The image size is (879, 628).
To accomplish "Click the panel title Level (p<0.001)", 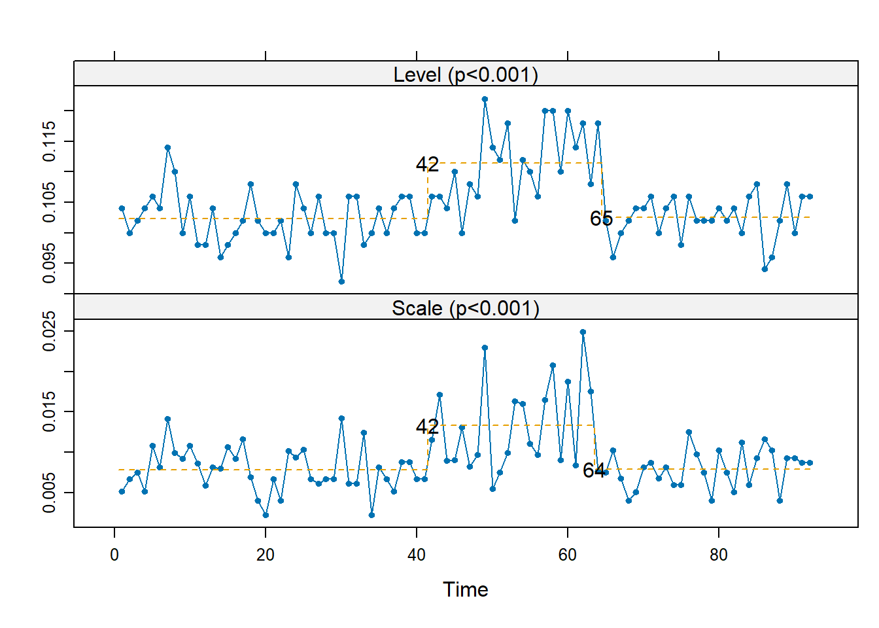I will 466,75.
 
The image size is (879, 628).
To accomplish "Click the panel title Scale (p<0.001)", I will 466,307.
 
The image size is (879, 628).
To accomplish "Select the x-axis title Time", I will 465,589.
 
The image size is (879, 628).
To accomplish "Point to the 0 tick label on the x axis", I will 114,555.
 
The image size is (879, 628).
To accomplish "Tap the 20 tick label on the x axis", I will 266,555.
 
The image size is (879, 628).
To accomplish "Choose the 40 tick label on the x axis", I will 417,555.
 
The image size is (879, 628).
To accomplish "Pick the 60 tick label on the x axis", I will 568,555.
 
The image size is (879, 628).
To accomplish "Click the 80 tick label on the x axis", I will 718,555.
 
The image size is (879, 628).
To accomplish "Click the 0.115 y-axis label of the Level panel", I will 49,141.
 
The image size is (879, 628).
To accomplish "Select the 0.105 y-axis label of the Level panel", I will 49,202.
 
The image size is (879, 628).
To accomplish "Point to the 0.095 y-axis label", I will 49,263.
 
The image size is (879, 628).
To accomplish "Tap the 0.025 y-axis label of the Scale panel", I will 49,331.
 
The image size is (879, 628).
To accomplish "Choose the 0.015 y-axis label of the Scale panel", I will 49,411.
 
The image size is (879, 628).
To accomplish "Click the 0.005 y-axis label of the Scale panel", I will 49,493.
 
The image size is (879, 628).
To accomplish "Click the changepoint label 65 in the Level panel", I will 601,218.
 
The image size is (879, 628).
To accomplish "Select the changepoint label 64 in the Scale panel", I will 594,470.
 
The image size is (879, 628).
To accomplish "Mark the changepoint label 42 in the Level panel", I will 427,164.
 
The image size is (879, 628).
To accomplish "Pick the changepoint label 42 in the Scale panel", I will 427,427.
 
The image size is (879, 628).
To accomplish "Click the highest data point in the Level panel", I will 485,99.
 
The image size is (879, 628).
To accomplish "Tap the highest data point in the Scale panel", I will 583,332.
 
